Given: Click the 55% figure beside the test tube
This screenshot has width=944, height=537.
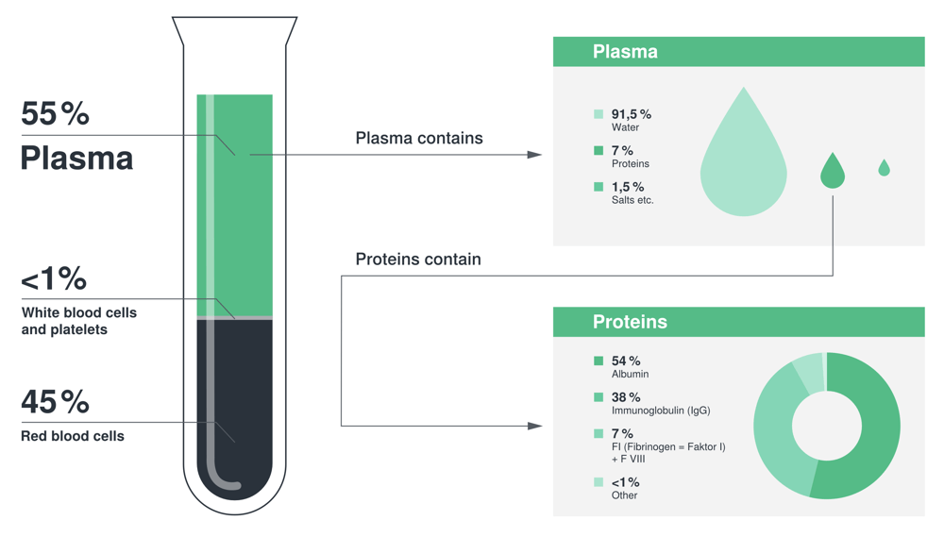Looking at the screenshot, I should tap(55, 114).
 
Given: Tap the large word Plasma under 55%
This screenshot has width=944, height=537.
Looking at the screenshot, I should tap(76, 158).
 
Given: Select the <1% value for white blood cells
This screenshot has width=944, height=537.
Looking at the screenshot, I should tap(54, 278).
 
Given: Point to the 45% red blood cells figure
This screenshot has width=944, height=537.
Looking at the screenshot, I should tap(55, 402).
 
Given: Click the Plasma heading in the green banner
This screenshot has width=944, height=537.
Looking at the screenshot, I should tap(625, 52).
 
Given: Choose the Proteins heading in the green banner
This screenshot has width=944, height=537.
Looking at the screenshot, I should tap(630, 322).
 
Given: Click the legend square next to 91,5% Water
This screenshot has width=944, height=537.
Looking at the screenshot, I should tap(598, 114).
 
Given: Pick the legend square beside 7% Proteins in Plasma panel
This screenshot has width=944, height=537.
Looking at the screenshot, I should tap(598, 150).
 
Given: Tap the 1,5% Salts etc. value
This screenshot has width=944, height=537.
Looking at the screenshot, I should tap(627, 187).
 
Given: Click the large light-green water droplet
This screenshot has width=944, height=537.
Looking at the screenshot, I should tap(743, 165).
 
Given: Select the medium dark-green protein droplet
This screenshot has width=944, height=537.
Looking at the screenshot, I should tap(832, 173).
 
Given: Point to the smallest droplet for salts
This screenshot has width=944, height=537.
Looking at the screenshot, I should tap(884, 169).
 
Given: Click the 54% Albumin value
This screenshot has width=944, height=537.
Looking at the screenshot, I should tap(626, 361).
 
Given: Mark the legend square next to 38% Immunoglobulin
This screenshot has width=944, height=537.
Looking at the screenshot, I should tap(598, 397).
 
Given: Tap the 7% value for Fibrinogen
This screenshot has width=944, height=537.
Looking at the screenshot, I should tap(622, 433).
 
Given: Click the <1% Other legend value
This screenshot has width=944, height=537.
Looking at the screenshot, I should tap(625, 482).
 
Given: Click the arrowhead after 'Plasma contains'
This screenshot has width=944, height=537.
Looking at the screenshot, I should tap(534, 155).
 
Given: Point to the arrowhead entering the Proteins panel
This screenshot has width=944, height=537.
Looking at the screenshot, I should tap(534, 426).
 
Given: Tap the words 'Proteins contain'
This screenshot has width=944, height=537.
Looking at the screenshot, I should tap(418, 260).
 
